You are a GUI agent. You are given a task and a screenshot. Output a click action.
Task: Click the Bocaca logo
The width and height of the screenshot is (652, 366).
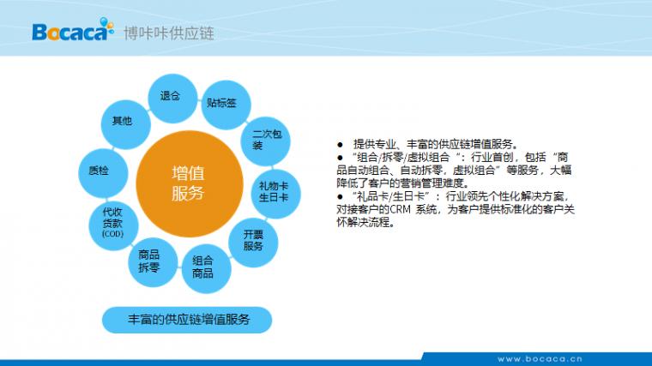[x=73, y=30]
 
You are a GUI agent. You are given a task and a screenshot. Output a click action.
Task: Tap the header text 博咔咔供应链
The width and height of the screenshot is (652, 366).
[x=169, y=33]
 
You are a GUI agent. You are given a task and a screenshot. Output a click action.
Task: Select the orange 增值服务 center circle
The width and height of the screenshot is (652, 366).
[x=190, y=183]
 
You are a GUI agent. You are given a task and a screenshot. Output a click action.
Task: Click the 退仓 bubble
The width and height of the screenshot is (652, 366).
[x=172, y=99]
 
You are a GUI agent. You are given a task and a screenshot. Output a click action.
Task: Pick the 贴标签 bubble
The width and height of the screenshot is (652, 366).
[x=226, y=105]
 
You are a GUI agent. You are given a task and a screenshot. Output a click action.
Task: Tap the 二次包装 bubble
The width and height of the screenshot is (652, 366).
[x=265, y=141]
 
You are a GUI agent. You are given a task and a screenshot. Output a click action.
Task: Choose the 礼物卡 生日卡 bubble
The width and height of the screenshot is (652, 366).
[x=275, y=194]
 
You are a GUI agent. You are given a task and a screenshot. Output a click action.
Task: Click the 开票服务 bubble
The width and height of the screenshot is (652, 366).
[x=253, y=243]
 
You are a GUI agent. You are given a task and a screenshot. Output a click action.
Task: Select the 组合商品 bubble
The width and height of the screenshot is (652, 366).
[x=206, y=269]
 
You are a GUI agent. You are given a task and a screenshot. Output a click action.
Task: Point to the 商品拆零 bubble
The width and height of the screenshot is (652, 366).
[x=153, y=262]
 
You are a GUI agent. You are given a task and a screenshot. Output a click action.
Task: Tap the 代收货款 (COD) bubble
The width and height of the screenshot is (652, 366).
[x=113, y=225]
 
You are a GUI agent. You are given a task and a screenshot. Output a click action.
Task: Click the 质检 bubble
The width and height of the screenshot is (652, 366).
[x=103, y=173]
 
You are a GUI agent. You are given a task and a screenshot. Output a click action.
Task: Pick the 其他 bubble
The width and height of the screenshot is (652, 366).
[x=125, y=124]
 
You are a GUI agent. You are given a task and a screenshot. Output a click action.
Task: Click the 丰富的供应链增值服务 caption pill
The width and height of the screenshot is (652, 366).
[x=187, y=320]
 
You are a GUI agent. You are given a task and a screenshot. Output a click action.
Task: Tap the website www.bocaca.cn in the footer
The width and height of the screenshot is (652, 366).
[x=540, y=359]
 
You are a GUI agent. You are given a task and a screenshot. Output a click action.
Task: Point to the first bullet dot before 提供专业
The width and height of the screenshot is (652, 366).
[x=340, y=145]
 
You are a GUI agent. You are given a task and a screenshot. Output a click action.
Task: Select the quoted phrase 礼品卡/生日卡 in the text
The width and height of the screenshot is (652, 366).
[x=390, y=196]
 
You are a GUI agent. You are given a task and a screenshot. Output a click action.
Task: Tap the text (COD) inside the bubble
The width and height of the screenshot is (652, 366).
[x=113, y=234]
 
